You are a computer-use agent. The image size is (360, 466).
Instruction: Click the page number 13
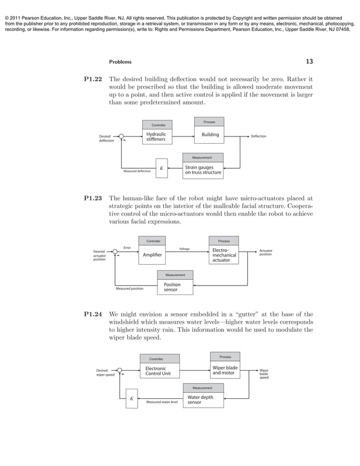(x=309, y=61)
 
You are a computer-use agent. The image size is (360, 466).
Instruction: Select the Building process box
(x=209, y=135)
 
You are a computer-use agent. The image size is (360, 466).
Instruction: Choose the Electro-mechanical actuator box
(x=224, y=255)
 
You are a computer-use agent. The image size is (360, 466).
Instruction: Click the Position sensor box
(x=175, y=287)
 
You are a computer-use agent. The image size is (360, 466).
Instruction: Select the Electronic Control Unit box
(x=160, y=371)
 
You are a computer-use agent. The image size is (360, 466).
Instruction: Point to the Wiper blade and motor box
(x=225, y=370)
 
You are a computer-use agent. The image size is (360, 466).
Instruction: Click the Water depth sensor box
(x=203, y=400)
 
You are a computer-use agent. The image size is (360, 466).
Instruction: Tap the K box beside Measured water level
(x=131, y=399)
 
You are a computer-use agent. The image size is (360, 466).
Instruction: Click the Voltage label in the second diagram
(x=184, y=248)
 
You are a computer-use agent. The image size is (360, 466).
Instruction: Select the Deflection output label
(x=258, y=137)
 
